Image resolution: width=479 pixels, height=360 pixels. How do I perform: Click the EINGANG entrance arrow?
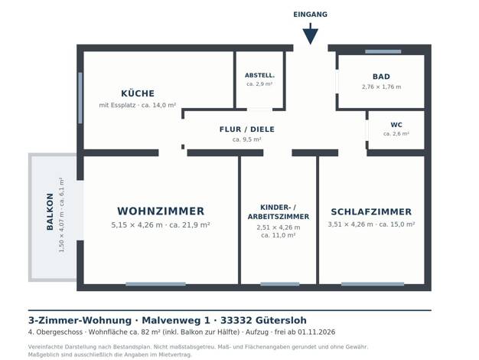(x=311, y=34)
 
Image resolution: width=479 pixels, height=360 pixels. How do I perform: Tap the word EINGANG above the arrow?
(x=311, y=15)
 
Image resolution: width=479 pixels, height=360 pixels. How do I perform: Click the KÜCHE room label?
(x=138, y=93)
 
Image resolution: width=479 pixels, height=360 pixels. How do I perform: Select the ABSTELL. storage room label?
(x=259, y=75)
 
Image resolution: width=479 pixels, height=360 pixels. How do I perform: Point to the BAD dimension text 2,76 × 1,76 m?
(x=382, y=87)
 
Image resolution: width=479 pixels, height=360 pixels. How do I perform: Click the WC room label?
(x=396, y=125)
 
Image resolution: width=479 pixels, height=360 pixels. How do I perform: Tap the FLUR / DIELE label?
(x=247, y=129)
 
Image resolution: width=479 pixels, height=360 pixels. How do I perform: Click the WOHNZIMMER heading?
(x=161, y=211)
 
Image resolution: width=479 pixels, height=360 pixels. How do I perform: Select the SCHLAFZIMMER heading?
(x=371, y=211)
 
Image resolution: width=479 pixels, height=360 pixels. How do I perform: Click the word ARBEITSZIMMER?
(x=279, y=217)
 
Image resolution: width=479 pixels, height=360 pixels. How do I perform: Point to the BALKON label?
(x=50, y=211)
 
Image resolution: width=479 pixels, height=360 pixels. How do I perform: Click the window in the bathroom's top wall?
(x=383, y=51)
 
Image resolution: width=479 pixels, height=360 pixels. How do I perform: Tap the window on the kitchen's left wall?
(x=80, y=98)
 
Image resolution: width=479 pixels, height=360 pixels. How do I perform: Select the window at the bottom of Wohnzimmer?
(x=156, y=284)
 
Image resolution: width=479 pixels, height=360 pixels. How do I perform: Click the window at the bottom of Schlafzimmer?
(x=373, y=284)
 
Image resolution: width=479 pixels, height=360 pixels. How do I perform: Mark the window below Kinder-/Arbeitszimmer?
(x=280, y=284)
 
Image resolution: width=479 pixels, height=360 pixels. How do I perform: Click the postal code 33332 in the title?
(x=236, y=320)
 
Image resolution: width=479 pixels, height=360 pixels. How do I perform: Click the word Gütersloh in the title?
(x=281, y=320)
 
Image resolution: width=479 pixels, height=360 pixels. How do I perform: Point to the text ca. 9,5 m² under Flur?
(x=247, y=139)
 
